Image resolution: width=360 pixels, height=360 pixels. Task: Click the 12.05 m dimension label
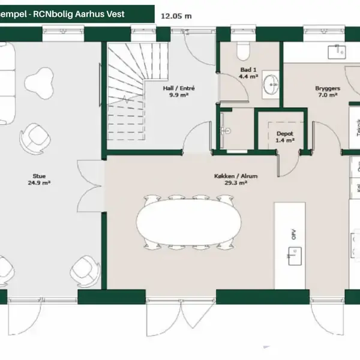click(x=176, y=16)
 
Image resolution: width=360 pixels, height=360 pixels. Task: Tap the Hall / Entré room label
click(x=178, y=88)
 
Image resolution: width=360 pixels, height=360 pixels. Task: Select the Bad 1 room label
click(x=248, y=70)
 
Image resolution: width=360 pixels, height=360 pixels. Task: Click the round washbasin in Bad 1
click(x=271, y=82)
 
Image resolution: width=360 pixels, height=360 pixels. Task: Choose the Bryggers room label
click(x=328, y=88)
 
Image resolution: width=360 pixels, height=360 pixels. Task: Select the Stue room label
click(x=39, y=176)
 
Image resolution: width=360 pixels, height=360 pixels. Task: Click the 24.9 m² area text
click(x=40, y=183)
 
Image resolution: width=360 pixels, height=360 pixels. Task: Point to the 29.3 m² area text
click(x=235, y=183)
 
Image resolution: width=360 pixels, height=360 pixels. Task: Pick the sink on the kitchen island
click(x=294, y=259)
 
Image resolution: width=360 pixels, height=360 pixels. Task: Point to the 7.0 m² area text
click(x=328, y=95)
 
